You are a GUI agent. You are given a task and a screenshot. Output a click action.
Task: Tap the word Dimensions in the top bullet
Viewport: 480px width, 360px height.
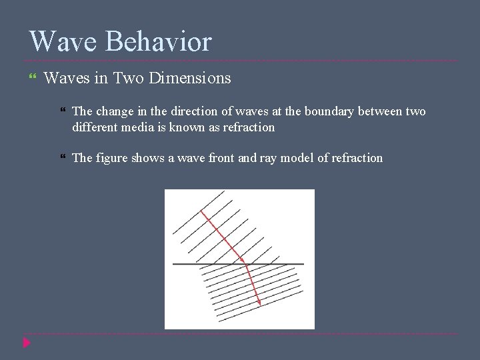pos(190,79)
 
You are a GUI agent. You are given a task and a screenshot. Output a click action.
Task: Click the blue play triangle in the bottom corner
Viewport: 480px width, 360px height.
pos(26,343)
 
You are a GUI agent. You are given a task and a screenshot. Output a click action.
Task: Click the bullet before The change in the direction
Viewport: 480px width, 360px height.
pos(62,111)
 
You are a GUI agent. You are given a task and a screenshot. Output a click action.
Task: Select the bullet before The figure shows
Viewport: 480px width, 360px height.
pos(62,158)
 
